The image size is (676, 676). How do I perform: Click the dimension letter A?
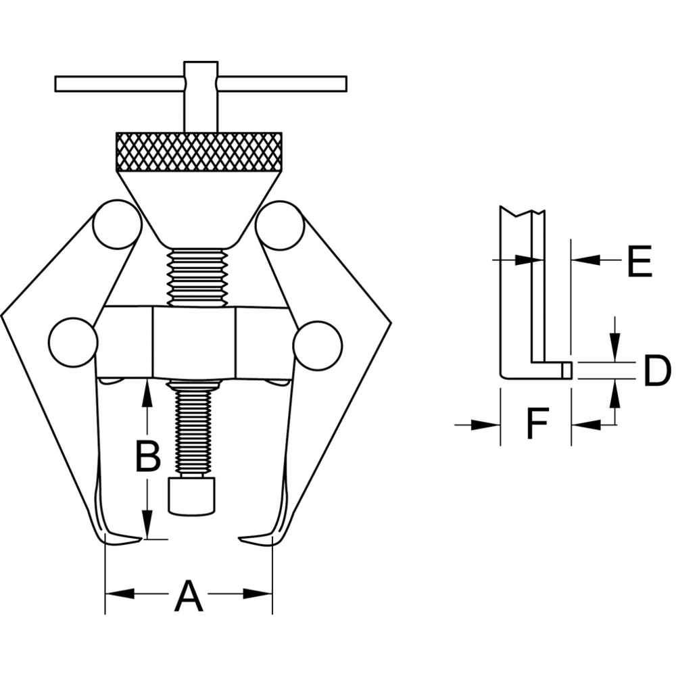[x=189, y=597]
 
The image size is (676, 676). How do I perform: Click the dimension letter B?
[x=148, y=456]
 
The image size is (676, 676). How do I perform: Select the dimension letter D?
[x=657, y=370]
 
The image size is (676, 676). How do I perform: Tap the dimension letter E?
[x=639, y=261]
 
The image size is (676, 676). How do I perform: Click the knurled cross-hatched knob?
[x=199, y=151]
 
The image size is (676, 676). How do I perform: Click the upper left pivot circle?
[x=118, y=224]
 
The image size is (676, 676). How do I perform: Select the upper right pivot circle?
[x=281, y=225]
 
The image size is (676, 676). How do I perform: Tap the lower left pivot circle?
[x=74, y=343]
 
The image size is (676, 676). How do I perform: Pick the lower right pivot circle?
[x=318, y=345]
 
